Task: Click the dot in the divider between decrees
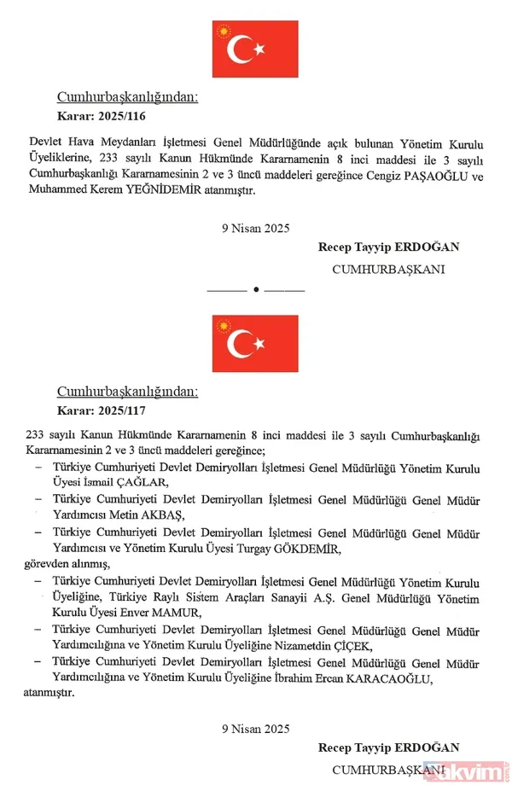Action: point(256,290)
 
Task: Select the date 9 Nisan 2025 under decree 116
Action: point(255,228)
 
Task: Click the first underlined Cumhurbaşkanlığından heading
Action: point(127,97)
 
